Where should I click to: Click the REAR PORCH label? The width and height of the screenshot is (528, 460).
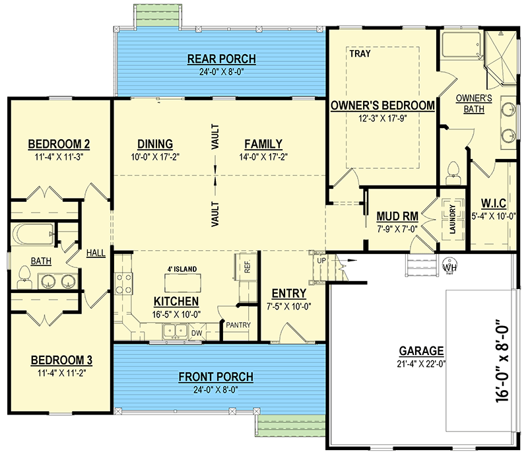(221, 59)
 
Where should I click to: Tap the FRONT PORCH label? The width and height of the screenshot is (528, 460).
(216, 377)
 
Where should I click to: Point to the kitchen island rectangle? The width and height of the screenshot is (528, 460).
(174, 283)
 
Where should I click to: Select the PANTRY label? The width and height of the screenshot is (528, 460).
(237, 325)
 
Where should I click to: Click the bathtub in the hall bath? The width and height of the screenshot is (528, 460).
(32, 234)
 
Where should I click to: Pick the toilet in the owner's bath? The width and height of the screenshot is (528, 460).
(453, 171)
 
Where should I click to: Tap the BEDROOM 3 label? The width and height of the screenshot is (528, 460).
(61, 360)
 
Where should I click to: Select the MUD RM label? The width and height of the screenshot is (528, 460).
(395, 216)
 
